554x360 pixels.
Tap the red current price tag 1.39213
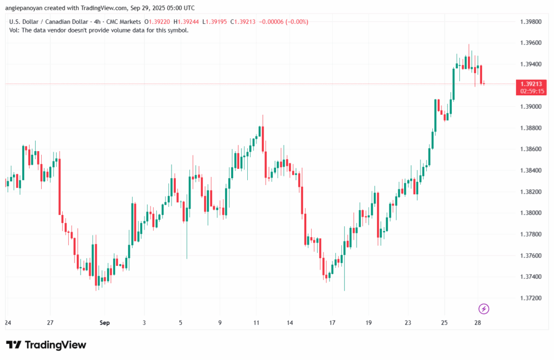click(x=532, y=84)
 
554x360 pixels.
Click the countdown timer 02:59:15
click(x=532, y=91)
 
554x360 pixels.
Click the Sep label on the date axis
click(x=105, y=323)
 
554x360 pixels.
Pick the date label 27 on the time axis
click(x=50, y=323)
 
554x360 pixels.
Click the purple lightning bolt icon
click(x=484, y=309)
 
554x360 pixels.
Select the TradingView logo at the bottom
click(x=46, y=345)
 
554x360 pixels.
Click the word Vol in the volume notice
click(x=14, y=30)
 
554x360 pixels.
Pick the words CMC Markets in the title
click(x=124, y=22)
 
